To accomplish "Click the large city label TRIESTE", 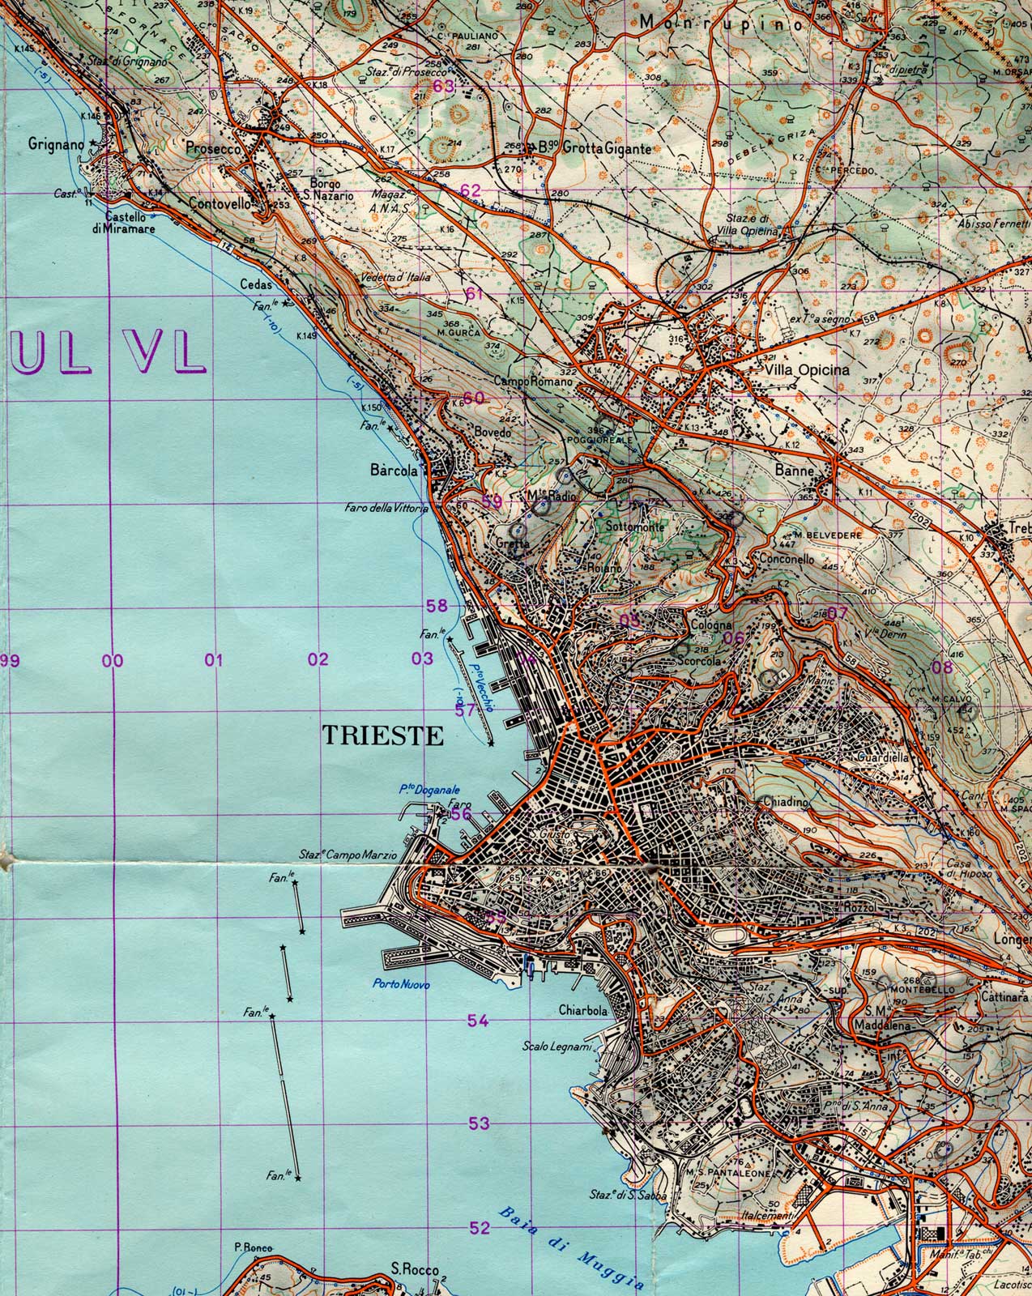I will (384, 735).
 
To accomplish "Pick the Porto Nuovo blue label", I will (402, 985).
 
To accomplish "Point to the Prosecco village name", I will (213, 149).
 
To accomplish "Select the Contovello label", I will (219, 206).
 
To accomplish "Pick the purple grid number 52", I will (480, 1228).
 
